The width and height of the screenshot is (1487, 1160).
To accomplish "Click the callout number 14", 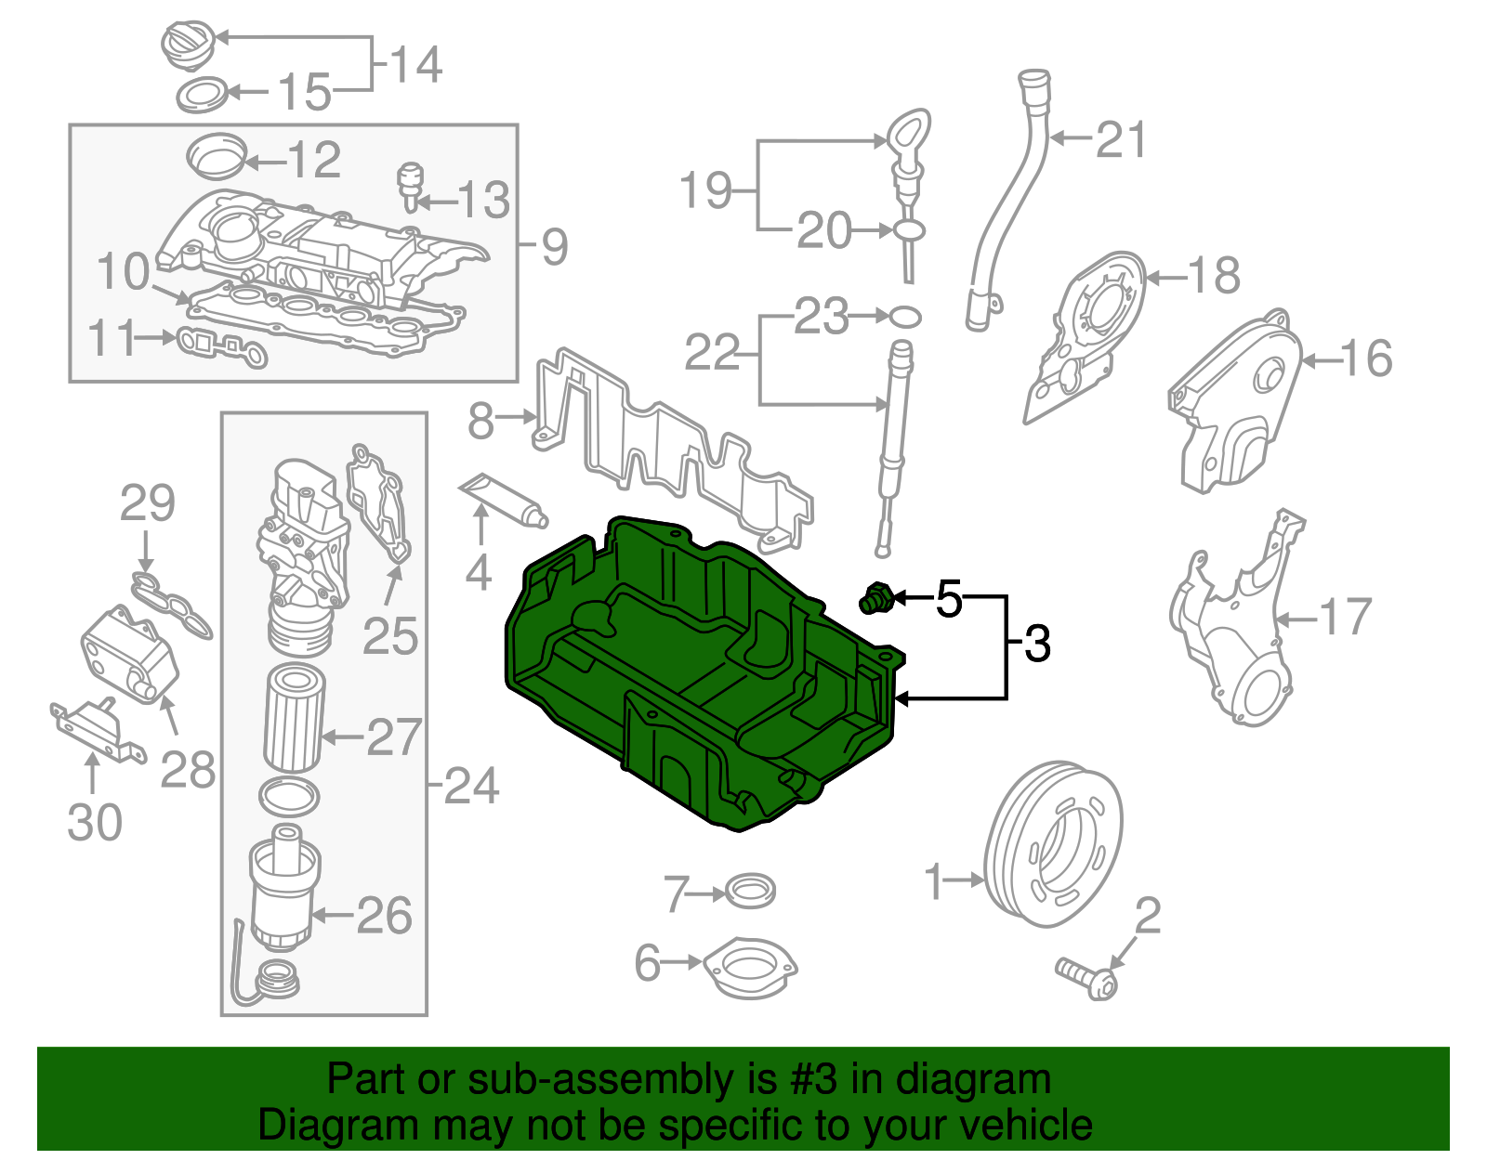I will pyautogui.click(x=415, y=64).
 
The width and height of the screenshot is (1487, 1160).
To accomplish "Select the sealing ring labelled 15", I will pyautogui.click(x=202, y=94).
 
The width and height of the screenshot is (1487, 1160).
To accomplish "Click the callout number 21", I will pyautogui.click(x=1122, y=140).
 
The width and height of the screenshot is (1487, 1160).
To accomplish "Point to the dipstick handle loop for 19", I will pyautogui.click(x=908, y=132).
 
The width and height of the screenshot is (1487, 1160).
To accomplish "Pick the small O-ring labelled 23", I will pyautogui.click(x=906, y=317).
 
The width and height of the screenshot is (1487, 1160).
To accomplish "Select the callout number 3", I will pyautogui.click(x=1037, y=643).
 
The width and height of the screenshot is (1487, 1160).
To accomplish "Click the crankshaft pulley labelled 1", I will pyautogui.click(x=1053, y=844).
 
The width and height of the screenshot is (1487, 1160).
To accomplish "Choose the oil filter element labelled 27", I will pyautogui.click(x=295, y=718).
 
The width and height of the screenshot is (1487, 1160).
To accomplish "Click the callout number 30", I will pyautogui.click(x=95, y=823).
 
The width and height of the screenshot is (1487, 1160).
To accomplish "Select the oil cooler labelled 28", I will pyautogui.click(x=128, y=654).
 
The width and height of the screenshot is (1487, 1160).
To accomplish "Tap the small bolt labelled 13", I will pyautogui.click(x=410, y=185).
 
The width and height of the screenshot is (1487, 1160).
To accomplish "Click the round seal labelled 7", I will pyautogui.click(x=749, y=892).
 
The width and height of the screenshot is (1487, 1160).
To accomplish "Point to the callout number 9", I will pyautogui.click(x=554, y=247).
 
